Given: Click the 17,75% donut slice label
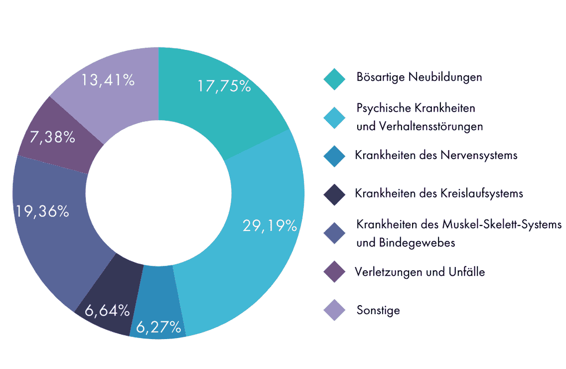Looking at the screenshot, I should click(x=223, y=86).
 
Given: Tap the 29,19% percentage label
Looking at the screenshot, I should click(x=270, y=226).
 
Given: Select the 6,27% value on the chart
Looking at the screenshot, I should click(x=157, y=327).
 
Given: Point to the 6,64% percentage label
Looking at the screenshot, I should click(x=107, y=311).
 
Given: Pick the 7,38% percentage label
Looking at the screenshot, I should click(x=52, y=137).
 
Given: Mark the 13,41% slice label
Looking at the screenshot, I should click(x=108, y=80).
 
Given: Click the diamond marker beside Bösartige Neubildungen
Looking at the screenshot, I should click(x=334, y=79).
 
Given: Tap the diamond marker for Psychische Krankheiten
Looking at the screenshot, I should click(x=334, y=118).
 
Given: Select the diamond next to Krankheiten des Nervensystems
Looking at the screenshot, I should click(x=334, y=156).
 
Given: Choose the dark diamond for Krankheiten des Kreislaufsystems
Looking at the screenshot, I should click(x=334, y=194).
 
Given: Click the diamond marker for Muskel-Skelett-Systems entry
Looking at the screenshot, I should click(x=334, y=233).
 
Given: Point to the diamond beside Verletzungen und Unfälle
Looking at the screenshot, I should click(x=334, y=272).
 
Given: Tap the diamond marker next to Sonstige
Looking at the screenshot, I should click(x=334, y=310).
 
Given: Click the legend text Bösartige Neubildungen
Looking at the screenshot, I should click(x=419, y=77).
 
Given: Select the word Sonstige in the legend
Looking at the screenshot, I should click(x=378, y=310).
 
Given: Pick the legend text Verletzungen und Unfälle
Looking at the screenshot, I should click(x=420, y=272).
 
